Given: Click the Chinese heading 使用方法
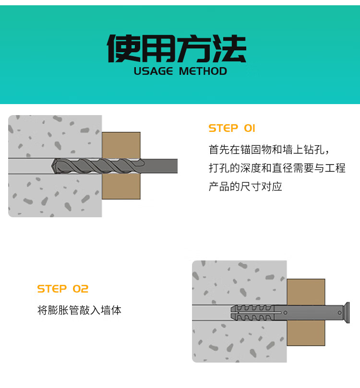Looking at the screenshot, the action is point(177,48).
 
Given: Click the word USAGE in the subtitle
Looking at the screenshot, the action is point(153,71).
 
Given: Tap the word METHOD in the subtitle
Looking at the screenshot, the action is point(203,71).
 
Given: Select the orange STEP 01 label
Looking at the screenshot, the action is point(232,128).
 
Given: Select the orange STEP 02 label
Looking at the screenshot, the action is point(63,289).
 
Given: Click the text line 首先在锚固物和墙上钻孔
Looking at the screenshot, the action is point(269,150).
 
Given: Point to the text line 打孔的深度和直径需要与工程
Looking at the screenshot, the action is point(277,168).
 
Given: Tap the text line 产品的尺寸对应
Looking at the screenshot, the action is point(245,187).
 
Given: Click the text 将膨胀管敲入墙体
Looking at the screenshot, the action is point(79,310).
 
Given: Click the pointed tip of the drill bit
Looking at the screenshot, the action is point(52,166).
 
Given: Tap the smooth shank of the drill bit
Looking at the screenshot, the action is point(161,166).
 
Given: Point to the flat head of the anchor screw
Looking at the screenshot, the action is point(348,313).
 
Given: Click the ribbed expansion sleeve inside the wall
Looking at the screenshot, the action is point(252,313).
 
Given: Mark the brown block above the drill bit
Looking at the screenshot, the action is point(121,145).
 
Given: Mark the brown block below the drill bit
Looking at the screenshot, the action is point(121,186).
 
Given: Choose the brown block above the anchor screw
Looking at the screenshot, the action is point(306,292).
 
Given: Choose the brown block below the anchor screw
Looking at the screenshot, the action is point(306,333).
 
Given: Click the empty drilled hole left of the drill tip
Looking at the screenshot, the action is point(30,166).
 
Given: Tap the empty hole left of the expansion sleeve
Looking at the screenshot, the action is point(212,313).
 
